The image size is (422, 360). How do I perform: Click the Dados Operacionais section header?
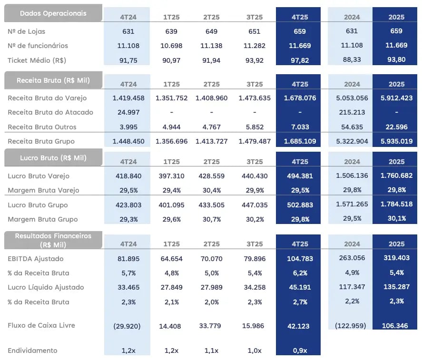click(53, 13)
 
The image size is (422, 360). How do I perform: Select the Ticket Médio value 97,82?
click(300, 60)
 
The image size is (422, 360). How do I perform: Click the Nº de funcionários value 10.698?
click(171, 46)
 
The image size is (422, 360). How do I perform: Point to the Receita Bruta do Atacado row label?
click(50, 113)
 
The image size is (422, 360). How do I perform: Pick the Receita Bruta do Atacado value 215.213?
click(352, 113)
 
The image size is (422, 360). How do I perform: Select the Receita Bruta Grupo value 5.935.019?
click(396, 141)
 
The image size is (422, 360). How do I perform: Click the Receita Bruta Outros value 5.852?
click(255, 127)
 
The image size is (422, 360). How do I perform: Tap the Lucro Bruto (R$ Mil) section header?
click(53, 158)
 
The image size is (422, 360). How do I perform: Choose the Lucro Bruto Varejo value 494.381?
click(300, 176)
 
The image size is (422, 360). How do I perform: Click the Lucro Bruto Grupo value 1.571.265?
click(352, 205)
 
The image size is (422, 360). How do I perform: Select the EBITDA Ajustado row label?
click(36, 259)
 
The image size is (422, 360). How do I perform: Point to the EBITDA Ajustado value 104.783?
click(300, 259)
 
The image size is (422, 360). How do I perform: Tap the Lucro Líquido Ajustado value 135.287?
click(396, 287)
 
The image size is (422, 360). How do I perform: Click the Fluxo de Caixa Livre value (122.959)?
click(352, 326)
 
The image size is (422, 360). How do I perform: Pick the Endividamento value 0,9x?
click(300, 351)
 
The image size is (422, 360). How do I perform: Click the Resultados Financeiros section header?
click(53, 240)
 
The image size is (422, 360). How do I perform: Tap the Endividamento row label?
click(32, 351)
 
